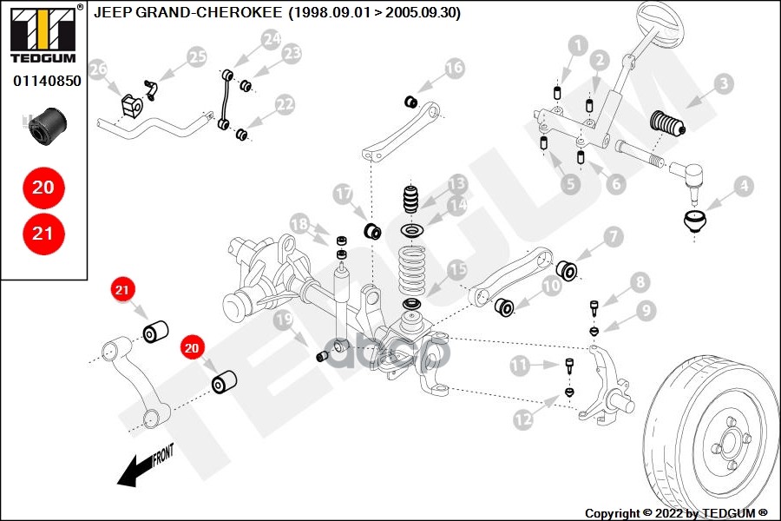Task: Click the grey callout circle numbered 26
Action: [x=97, y=69]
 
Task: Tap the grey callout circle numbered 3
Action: [x=723, y=84]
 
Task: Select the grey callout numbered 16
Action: [x=454, y=68]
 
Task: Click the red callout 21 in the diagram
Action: [x=121, y=289]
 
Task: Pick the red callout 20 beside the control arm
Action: [x=191, y=348]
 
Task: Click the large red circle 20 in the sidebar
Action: [x=43, y=187]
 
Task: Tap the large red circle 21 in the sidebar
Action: [x=43, y=233]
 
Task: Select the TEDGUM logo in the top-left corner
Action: [x=43, y=35]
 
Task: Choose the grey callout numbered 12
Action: [x=522, y=419]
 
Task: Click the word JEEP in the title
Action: [x=114, y=13]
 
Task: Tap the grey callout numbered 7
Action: [x=613, y=235]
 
